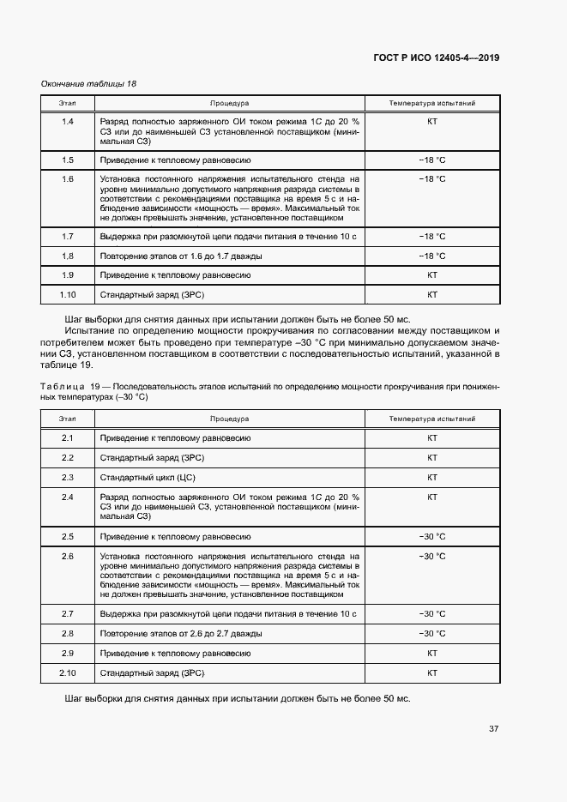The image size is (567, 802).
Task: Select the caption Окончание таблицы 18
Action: point(89,84)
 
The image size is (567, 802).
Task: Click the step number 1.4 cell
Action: point(68,122)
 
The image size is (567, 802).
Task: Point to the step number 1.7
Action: point(68,236)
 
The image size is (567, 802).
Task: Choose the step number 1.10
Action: point(68,294)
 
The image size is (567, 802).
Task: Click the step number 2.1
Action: point(68,437)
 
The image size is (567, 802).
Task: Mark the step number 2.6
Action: point(68,556)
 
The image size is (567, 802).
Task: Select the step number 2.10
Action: point(68,672)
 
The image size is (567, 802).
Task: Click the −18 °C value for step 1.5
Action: point(431,160)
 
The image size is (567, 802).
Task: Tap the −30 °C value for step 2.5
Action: point(431,536)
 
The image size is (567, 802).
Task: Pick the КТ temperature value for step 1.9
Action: point(431,275)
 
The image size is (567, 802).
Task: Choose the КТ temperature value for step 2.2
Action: point(431,457)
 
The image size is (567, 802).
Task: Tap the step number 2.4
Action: point(68,497)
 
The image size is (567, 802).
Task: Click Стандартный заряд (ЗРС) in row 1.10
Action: point(145,294)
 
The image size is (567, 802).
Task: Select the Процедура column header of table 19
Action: point(229,419)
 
